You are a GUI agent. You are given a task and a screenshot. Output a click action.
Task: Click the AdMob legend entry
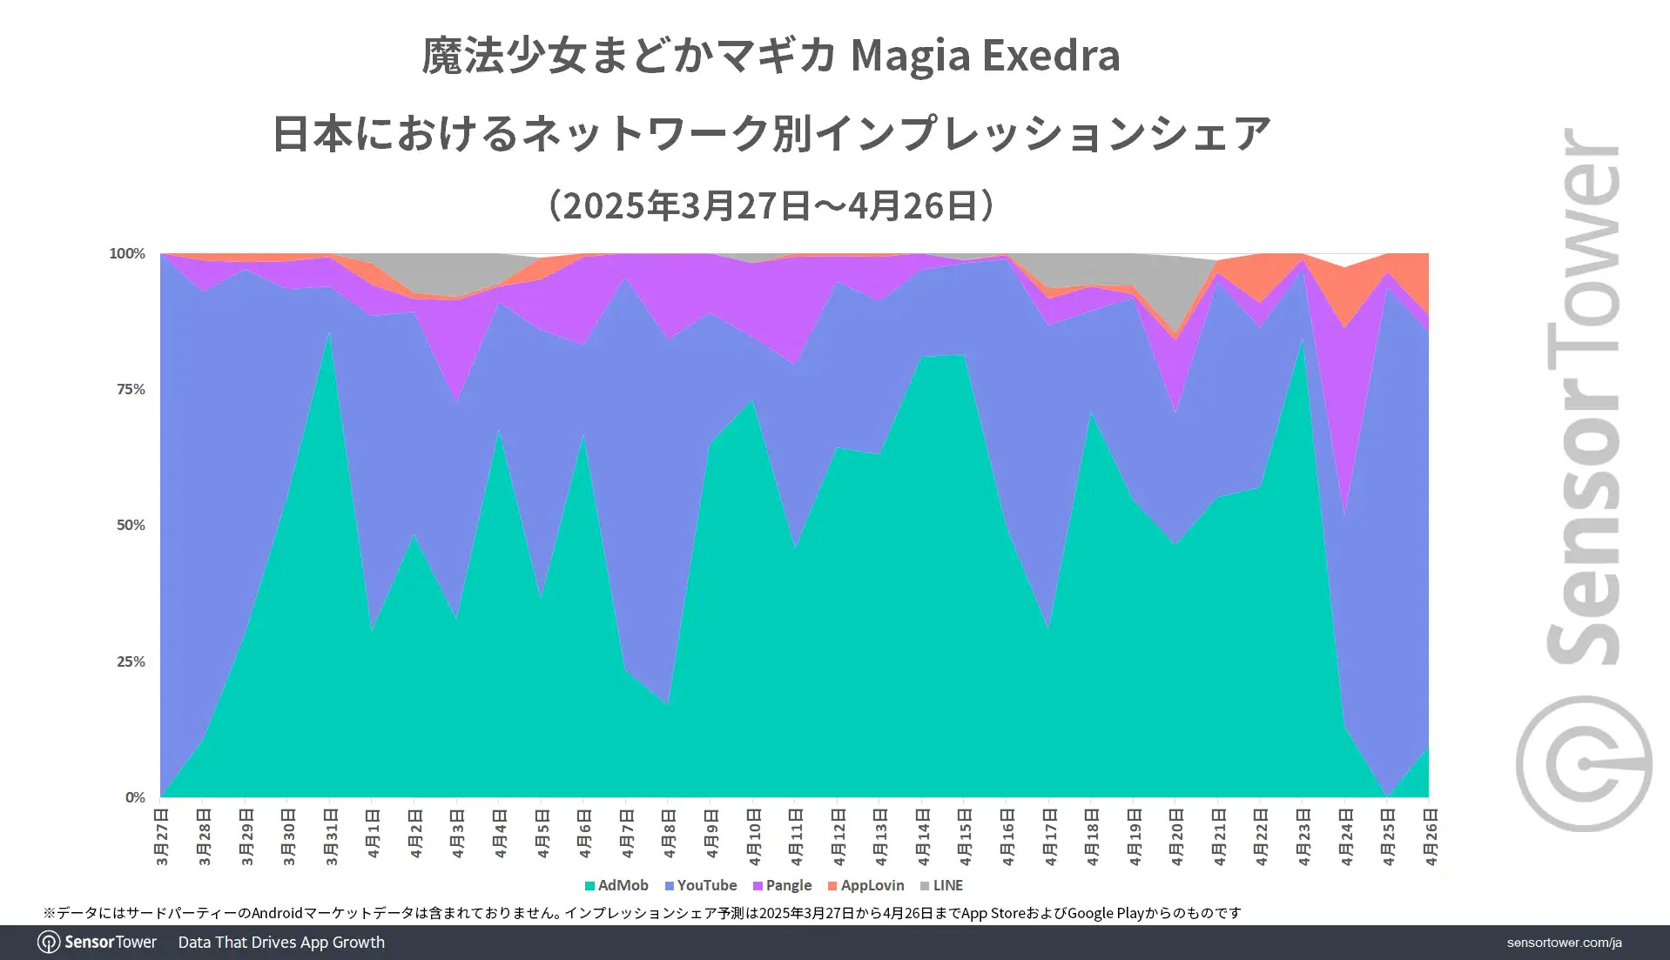(616, 885)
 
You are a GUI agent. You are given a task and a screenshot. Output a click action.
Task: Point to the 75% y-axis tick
(131, 389)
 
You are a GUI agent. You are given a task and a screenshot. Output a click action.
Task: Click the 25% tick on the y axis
(131, 661)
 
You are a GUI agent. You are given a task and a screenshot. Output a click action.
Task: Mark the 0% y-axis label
(135, 797)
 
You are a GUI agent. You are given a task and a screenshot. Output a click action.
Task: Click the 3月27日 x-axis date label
(162, 836)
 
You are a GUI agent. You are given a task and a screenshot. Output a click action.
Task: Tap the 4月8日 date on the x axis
(669, 834)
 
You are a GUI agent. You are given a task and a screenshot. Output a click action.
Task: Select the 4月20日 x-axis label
(1176, 836)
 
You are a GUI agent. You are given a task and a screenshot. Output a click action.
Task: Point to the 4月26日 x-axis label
(1430, 836)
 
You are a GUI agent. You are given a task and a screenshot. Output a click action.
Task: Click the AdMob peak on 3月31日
(329, 334)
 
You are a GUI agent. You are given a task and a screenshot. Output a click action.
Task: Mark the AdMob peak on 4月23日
(1303, 341)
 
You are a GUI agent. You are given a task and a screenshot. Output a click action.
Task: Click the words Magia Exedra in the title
(985, 56)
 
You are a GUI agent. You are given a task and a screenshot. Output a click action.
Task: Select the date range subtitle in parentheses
(771, 205)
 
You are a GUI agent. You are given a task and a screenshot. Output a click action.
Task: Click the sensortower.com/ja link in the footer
(1564, 943)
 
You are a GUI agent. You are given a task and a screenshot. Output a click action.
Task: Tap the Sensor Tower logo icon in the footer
(49, 943)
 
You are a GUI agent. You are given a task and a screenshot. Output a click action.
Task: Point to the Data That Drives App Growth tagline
(281, 943)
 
